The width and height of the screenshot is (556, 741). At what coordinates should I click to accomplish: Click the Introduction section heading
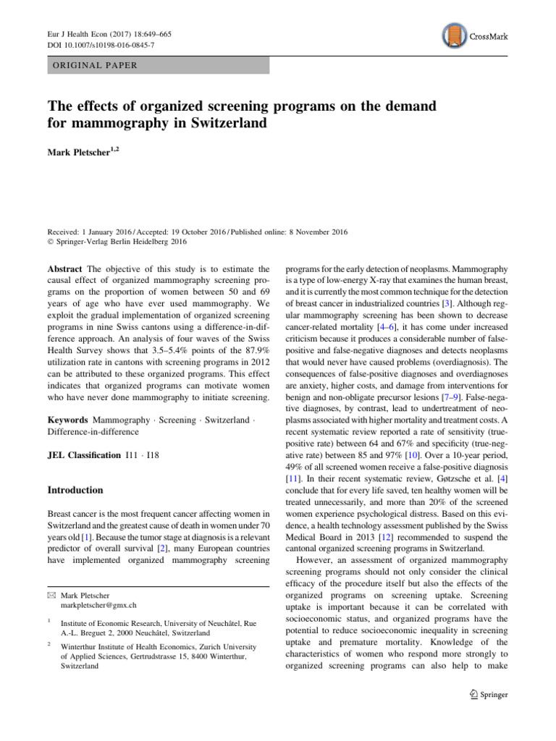75,490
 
